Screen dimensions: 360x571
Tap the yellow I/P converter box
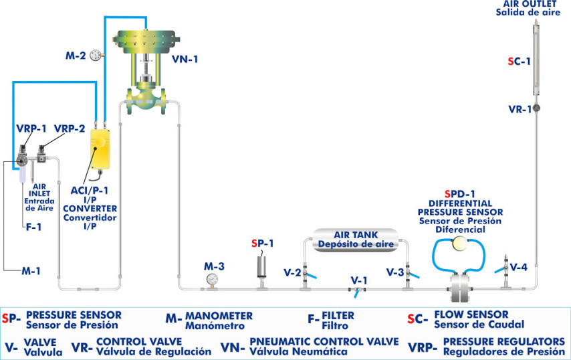point(102,149)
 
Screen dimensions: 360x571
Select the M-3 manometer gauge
point(212,279)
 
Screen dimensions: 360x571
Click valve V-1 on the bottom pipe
point(356,290)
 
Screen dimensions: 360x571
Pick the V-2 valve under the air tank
point(306,274)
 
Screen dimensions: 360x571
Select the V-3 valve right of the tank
point(407,274)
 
